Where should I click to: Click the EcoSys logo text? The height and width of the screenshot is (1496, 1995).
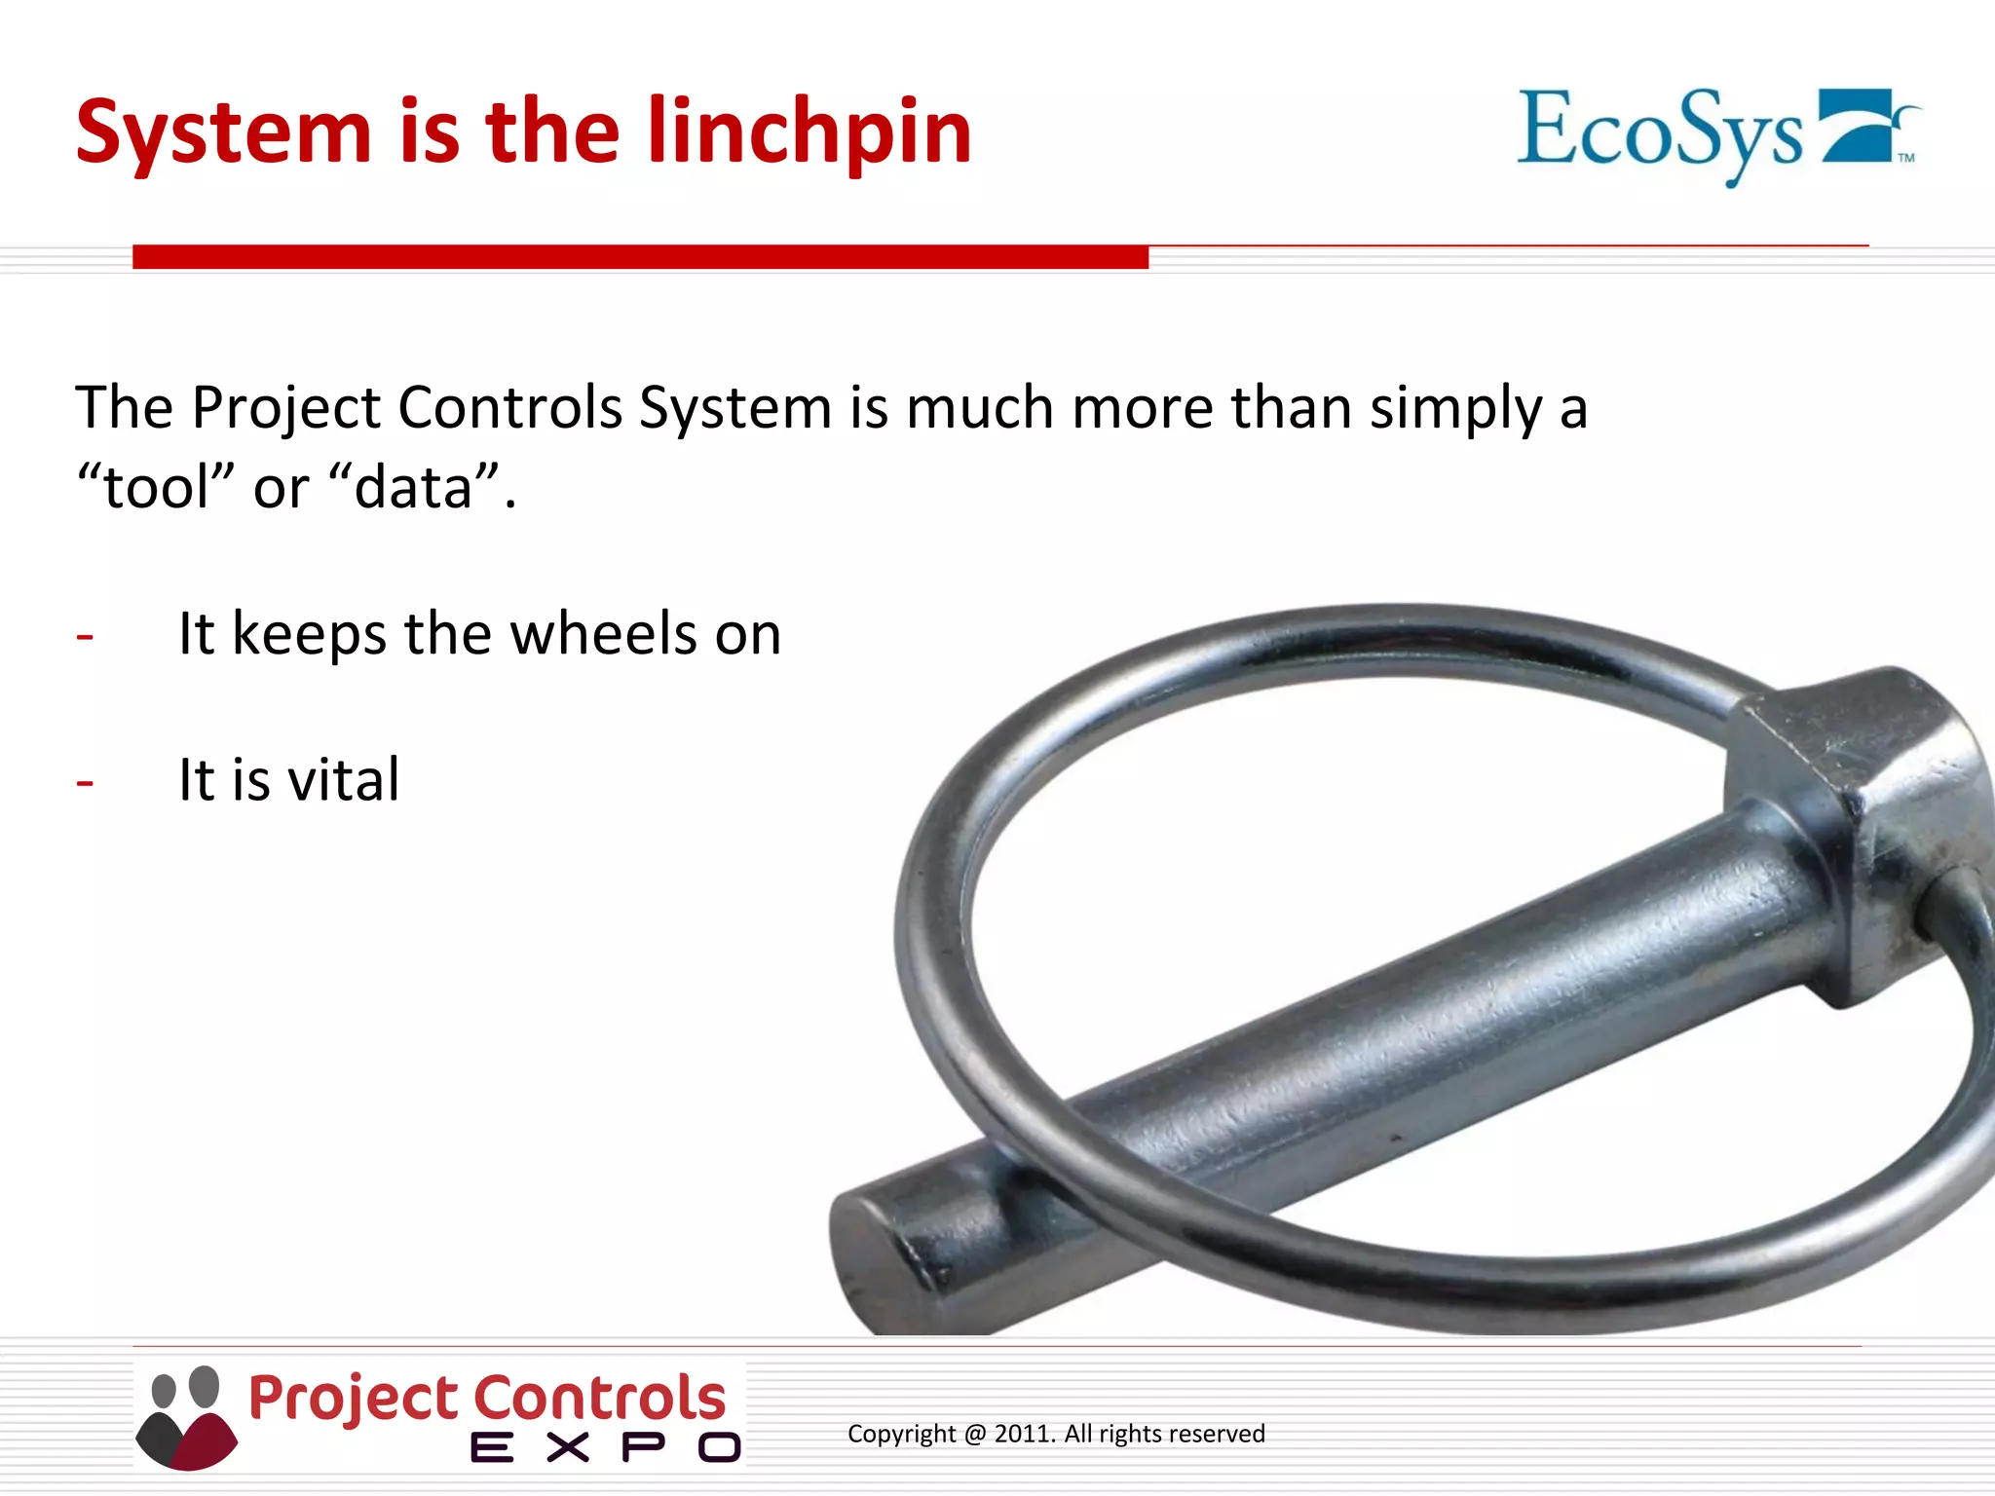(x=1660, y=132)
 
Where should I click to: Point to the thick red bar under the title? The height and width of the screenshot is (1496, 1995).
(x=640, y=257)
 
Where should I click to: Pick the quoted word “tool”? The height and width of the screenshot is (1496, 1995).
(x=156, y=487)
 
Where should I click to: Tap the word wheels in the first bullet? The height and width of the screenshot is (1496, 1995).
(x=603, y=634)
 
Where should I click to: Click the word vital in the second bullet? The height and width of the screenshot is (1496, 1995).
(x=345, y=780)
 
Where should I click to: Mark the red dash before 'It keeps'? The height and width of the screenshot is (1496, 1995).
(x=85, y=637)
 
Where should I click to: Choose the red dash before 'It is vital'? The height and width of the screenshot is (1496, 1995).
(x=85, y=783)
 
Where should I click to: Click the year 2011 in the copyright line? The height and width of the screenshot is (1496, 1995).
(x=1024, y=1434)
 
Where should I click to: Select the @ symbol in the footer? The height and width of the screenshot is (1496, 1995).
(x=975, y=1435)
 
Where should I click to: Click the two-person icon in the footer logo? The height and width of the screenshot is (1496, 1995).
(x=186, y=1417)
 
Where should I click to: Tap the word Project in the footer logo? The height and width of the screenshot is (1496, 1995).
(x=355, y=1399)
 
